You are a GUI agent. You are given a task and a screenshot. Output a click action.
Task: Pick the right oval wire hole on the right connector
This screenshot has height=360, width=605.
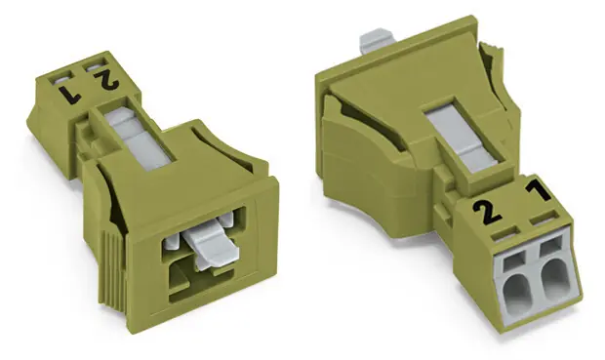coord(555,275)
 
